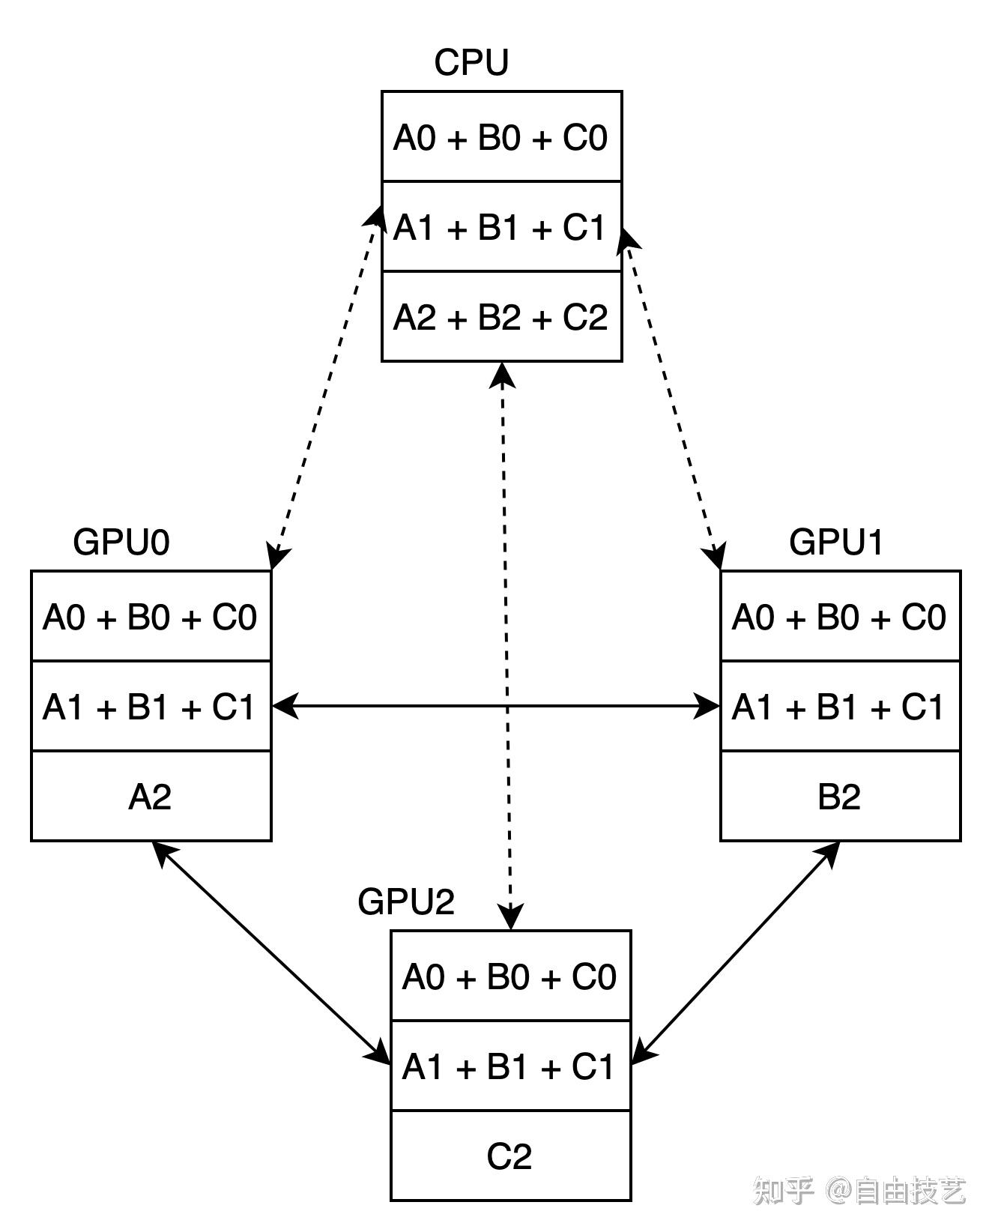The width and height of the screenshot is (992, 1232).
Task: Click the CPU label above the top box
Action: tap(471, 62)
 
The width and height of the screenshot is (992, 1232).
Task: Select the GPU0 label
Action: tap(121, 542)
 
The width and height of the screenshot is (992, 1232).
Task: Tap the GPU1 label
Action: tap(836, 542)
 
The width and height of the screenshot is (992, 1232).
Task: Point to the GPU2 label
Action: tap(406, 902)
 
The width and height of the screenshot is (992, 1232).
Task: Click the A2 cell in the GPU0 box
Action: tap(151, 797)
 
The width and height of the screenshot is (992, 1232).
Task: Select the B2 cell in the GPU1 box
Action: tap(840, 797)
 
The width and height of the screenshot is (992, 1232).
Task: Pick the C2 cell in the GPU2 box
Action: tap(510, 1156)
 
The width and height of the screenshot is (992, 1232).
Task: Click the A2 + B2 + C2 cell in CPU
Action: tap(501, 317)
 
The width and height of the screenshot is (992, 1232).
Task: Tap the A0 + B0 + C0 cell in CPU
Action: tap(501, 137)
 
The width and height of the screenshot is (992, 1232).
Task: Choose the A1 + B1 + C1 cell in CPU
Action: tap(501, 227)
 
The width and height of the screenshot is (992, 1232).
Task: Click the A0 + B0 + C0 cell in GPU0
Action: tap(151, 617)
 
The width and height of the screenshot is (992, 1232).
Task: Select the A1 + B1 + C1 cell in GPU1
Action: tap(840, 707)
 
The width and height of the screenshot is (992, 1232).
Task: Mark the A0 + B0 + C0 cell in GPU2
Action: tap(510, 976)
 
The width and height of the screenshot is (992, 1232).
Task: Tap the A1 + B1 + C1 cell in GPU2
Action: tap(510, 1066)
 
